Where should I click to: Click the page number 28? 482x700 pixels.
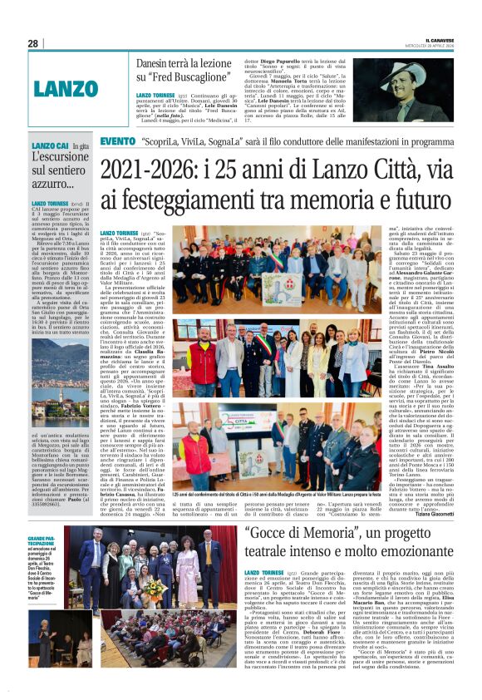(x=33, y=43)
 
